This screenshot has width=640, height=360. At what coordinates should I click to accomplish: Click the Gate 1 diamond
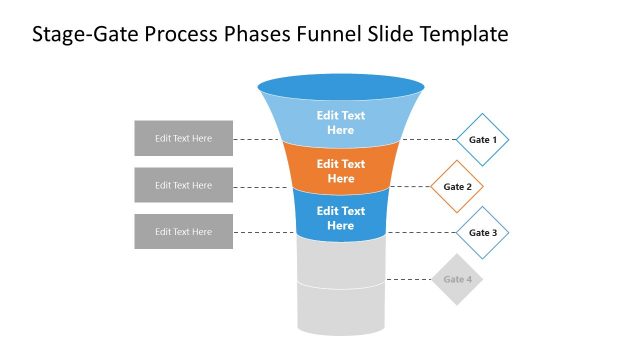click(x=483, y=139)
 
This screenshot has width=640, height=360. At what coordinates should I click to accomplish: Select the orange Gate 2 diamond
click(x=457, y=186)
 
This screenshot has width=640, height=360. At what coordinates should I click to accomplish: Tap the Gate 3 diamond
click(x=483, y=233)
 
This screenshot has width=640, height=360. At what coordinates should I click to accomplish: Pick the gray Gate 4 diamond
click(x=457, y=279)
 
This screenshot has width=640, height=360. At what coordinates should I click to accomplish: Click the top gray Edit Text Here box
click(x=183, y=138)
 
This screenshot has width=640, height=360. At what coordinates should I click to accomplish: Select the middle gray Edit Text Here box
click(x=183, y=185)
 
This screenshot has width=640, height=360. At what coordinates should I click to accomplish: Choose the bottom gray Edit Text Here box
click(x=183, y=231)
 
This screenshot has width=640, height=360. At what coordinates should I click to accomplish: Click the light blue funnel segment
click(x=341, y=123)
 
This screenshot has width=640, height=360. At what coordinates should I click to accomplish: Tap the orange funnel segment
click(x=341, y=170)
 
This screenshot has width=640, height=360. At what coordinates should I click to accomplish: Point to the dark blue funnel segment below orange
click(x=341, y=218)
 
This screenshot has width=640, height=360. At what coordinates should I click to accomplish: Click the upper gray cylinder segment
click(x=341, y=262)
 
